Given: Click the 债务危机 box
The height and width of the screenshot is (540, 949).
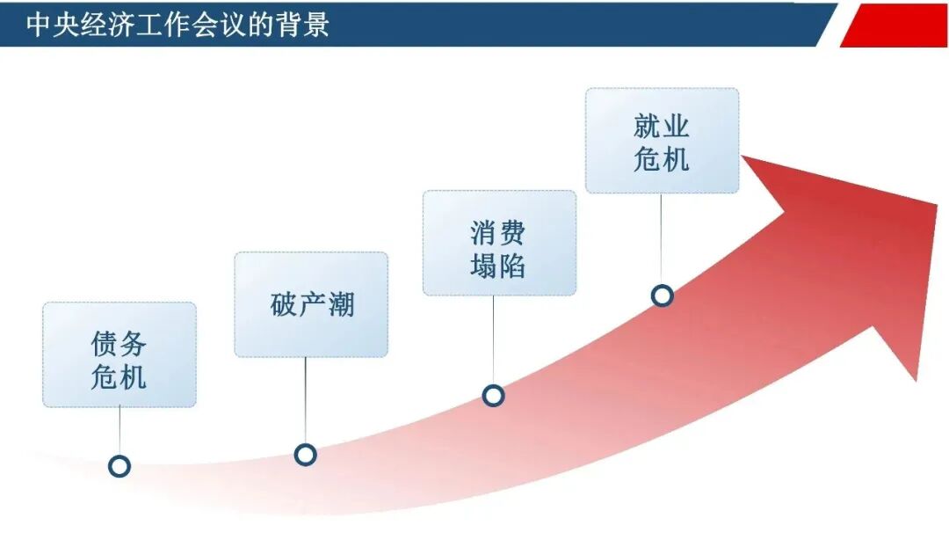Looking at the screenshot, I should coord(120,354).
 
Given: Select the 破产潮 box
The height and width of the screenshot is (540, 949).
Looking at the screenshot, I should coord(311,304).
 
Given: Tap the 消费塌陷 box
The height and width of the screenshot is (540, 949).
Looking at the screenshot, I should coord(499,243).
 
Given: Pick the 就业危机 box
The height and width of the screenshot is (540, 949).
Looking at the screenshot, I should coord(662,141).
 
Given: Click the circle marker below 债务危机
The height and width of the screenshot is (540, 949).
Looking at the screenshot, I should coord(120,466).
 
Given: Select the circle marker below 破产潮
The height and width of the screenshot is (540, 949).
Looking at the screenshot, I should coord(305,455).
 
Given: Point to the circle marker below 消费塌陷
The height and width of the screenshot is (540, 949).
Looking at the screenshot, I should coord(494,396).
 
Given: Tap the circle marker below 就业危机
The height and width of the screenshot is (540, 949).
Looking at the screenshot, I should coord(663,296).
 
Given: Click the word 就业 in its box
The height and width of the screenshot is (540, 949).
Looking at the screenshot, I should coord(662,126).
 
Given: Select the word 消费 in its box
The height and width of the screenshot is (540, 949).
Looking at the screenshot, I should coord(498,232).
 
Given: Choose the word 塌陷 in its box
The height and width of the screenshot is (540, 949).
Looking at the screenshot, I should coord(498,265).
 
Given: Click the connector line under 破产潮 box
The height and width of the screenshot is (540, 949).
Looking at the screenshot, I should coord(305,400).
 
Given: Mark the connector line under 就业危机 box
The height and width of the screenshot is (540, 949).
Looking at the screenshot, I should coord(662,237).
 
